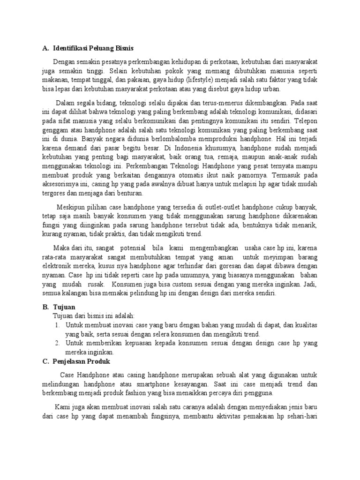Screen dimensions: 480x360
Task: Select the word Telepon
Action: click(305, 120)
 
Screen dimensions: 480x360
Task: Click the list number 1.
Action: click(57, 324)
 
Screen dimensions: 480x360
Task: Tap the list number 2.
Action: click(57, 343)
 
